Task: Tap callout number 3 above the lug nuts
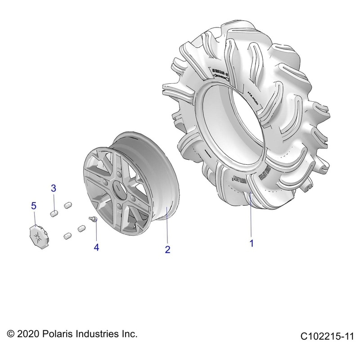(x=53, y=188)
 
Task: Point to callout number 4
(x=96, y=247)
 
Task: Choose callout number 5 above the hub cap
(x=33, y=206)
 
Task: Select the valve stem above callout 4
(x=94, y=219)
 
